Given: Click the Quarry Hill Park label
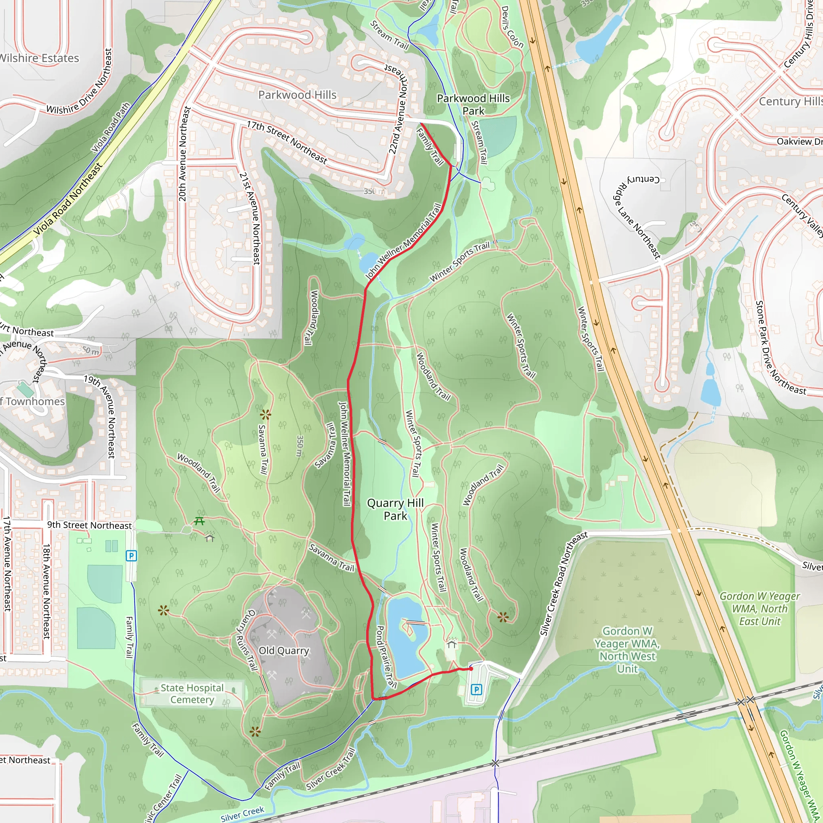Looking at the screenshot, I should [x=395, y=510].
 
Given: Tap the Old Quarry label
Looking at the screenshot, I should [x=284, y=651].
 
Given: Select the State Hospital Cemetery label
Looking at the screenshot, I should [x=192, y=694].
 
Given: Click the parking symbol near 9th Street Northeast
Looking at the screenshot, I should [x=131, y=555].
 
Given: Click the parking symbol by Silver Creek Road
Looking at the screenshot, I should [x=476, y=689].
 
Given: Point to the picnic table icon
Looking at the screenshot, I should [x=199, y=520].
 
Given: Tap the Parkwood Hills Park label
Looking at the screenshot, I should [x=473, y=104].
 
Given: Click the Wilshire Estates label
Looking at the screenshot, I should [x=39, y=58].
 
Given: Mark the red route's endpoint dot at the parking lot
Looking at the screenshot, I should [x=471, y=669].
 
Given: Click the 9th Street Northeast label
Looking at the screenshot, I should [x=90, y=525].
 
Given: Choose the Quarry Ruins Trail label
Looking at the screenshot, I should [x=247, y=640].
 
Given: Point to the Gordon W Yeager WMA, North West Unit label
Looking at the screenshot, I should [x=627, y=650].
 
